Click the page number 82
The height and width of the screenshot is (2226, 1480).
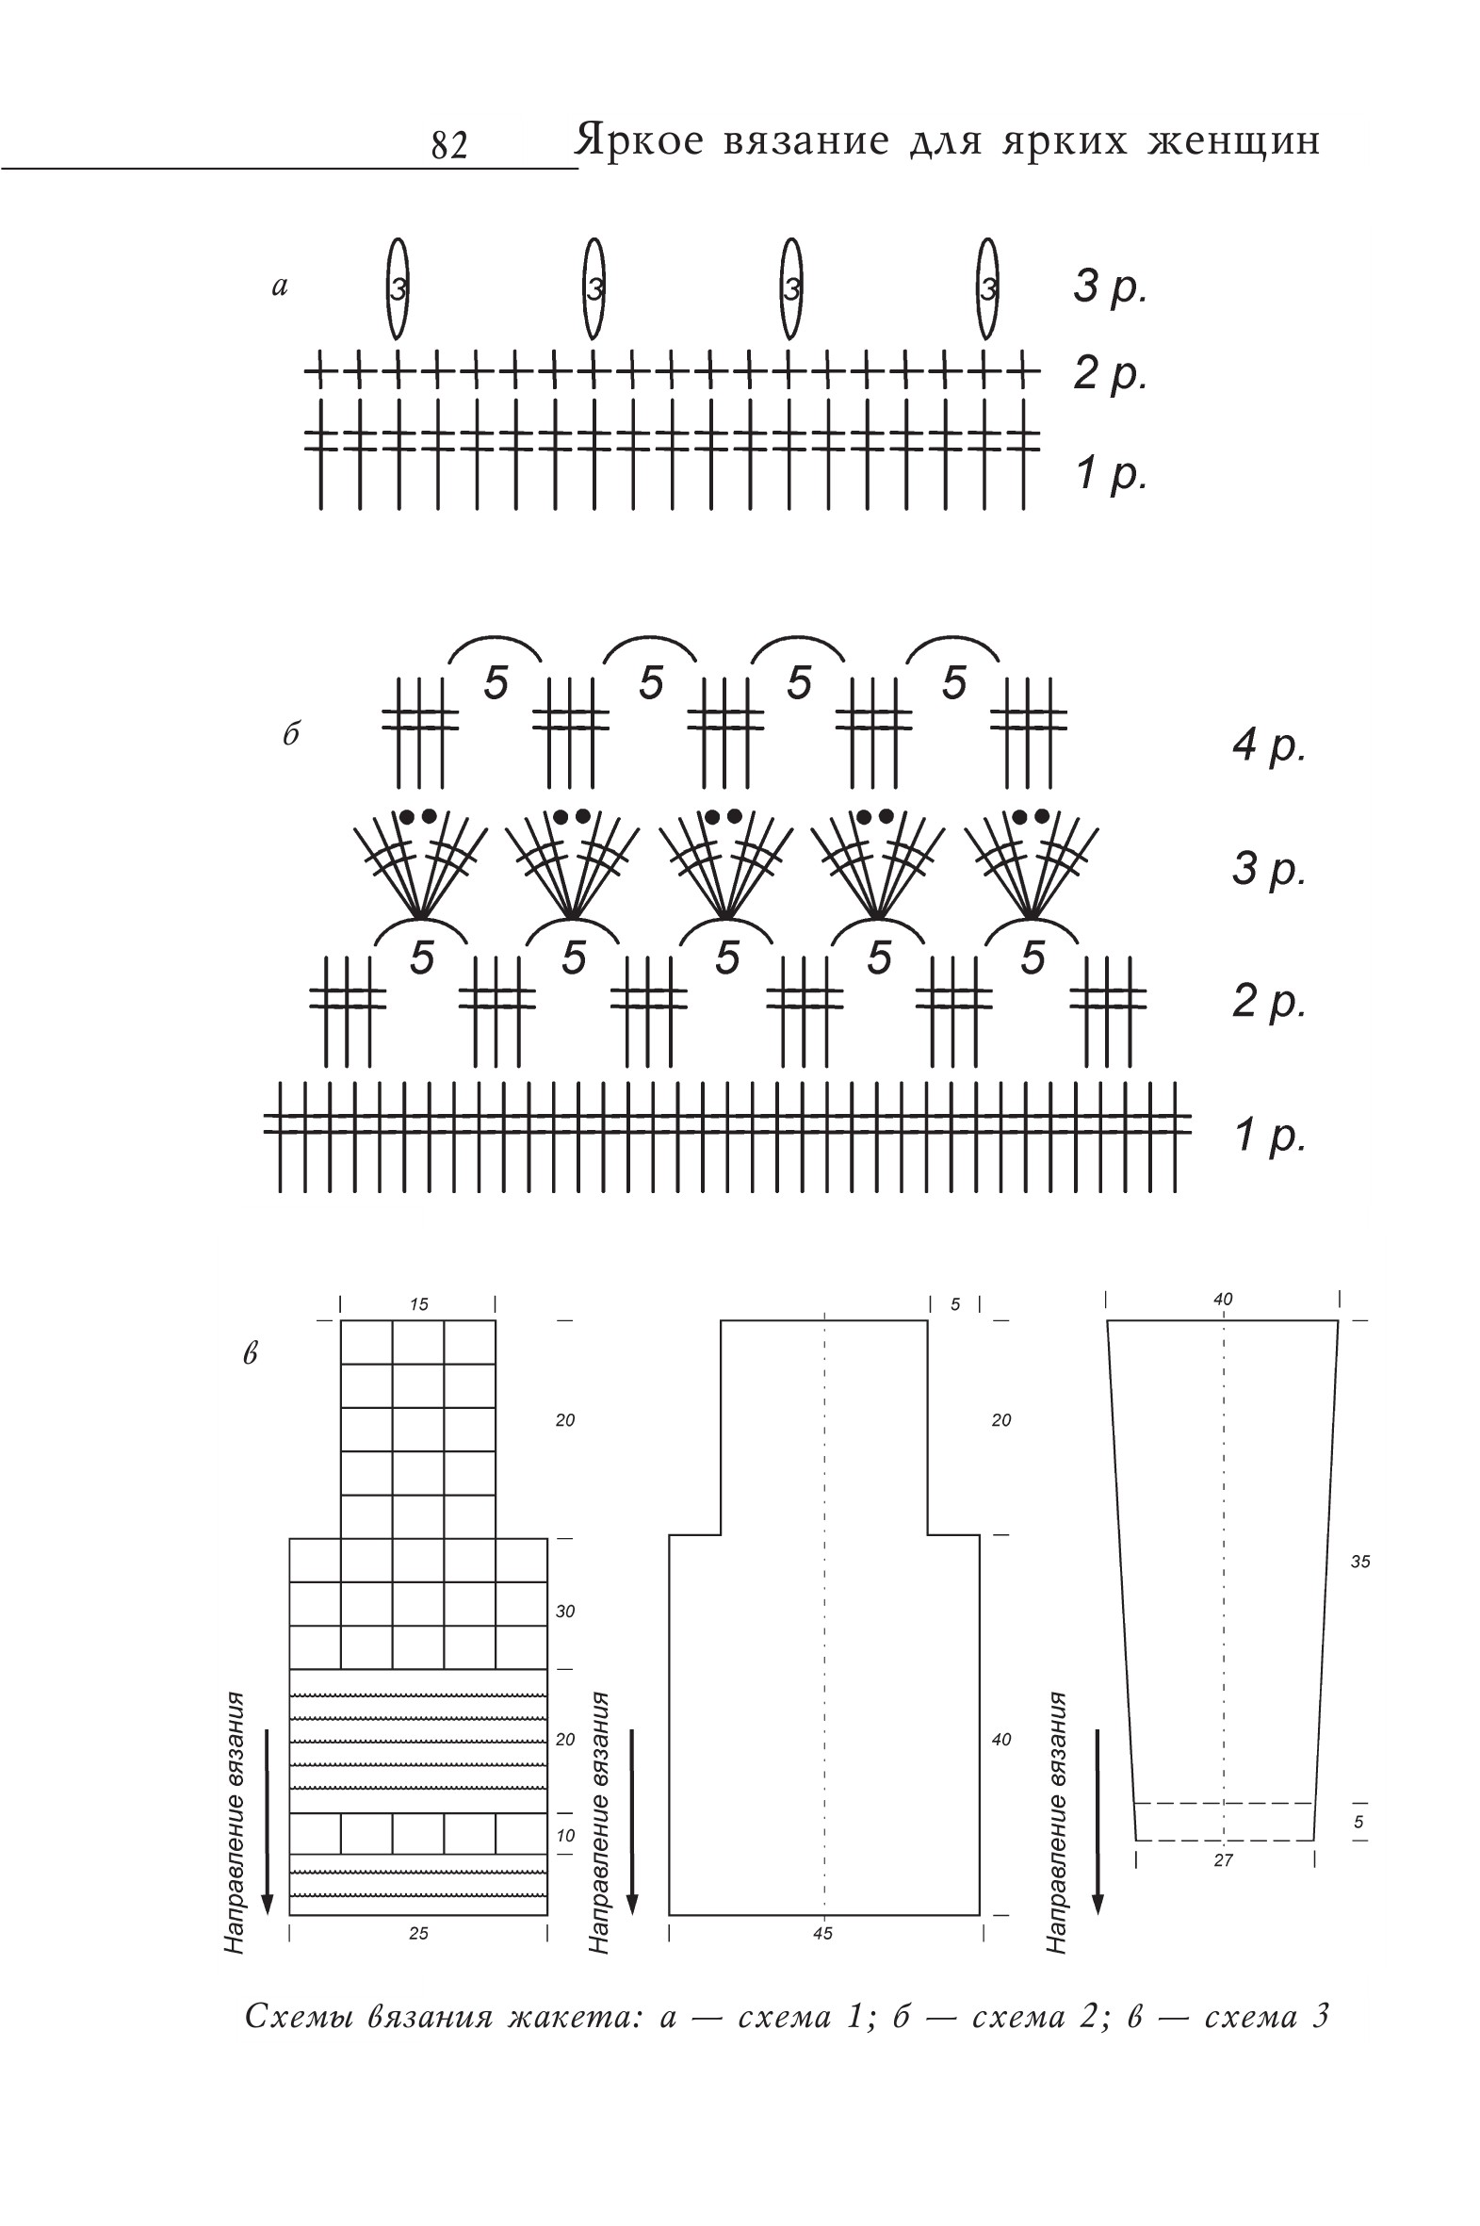[449, 145]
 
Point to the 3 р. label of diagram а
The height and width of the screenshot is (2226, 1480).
[1110, 286]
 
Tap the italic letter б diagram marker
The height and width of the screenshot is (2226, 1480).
[291, 733]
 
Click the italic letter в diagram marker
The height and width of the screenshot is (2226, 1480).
[251, 1354]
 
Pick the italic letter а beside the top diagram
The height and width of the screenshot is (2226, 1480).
[280, 286]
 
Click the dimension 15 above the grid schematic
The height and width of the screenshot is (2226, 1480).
[418, 1304]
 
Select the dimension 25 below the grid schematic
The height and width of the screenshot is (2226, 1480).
[418, 1925]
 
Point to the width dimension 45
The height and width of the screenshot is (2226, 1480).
[822, 1925]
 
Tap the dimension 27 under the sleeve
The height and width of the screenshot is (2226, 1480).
[1223, 1859]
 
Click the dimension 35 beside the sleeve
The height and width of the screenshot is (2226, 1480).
[1360, 1562]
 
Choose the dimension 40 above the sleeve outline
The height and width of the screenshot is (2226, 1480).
[1222, 1299]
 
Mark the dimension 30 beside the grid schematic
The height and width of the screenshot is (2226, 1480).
[564, 1612]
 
